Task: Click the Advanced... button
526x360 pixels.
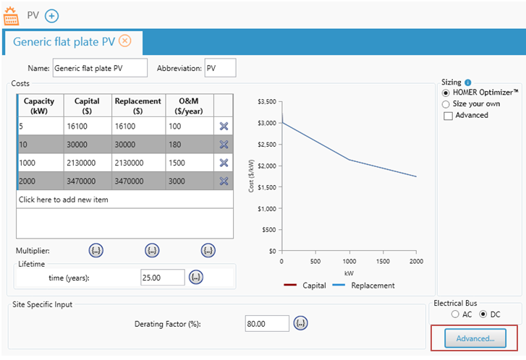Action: pos(475,338)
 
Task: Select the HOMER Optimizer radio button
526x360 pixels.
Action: pos(446,93)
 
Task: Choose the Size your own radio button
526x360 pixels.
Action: pos(446,104)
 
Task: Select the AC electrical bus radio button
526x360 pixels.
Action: pos(454,314)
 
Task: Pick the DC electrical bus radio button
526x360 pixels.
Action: pos(483,314)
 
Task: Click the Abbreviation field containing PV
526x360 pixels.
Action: pos(220,68)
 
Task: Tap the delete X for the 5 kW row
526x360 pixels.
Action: pos(224,127)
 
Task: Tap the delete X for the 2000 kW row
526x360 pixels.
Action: pos(224,181)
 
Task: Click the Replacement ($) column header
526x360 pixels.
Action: pos(138,106)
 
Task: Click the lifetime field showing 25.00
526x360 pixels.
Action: pos(163,276)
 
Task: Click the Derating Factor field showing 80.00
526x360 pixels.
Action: pos(267,324)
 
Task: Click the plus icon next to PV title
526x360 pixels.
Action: pos(52,15)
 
